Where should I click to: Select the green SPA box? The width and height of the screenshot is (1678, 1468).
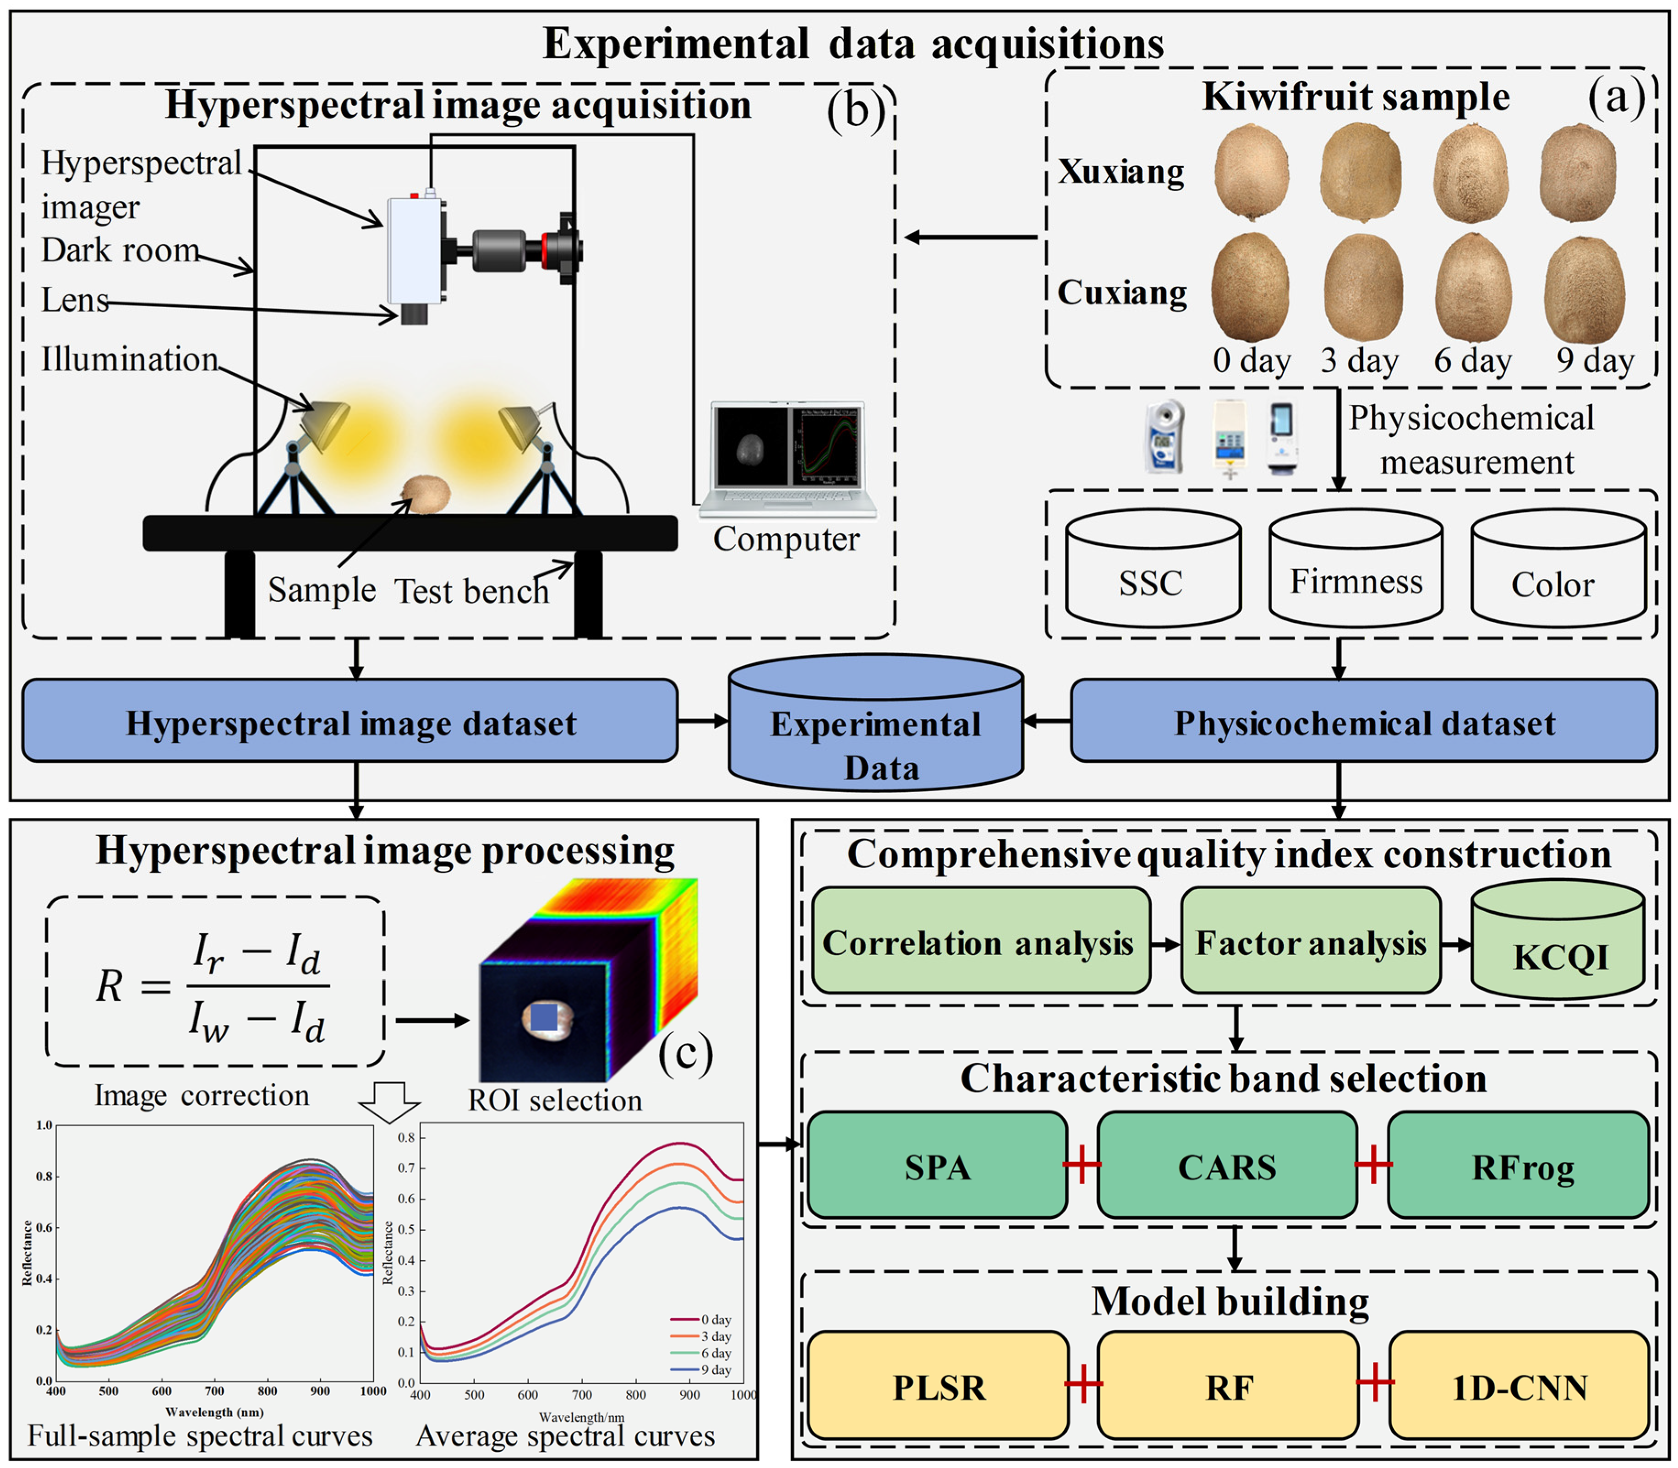[x=937, y=1166]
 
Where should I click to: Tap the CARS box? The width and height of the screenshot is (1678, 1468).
[x=1226, y=1166]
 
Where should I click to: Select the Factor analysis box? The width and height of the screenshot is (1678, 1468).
[x=1310, y=941]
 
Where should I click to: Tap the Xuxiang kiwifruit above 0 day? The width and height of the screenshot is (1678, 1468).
[x=1251, y=172]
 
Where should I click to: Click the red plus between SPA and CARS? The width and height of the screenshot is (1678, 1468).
[x=1082, y=1164]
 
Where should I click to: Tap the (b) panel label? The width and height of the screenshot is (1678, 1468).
[x=854, y=109]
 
